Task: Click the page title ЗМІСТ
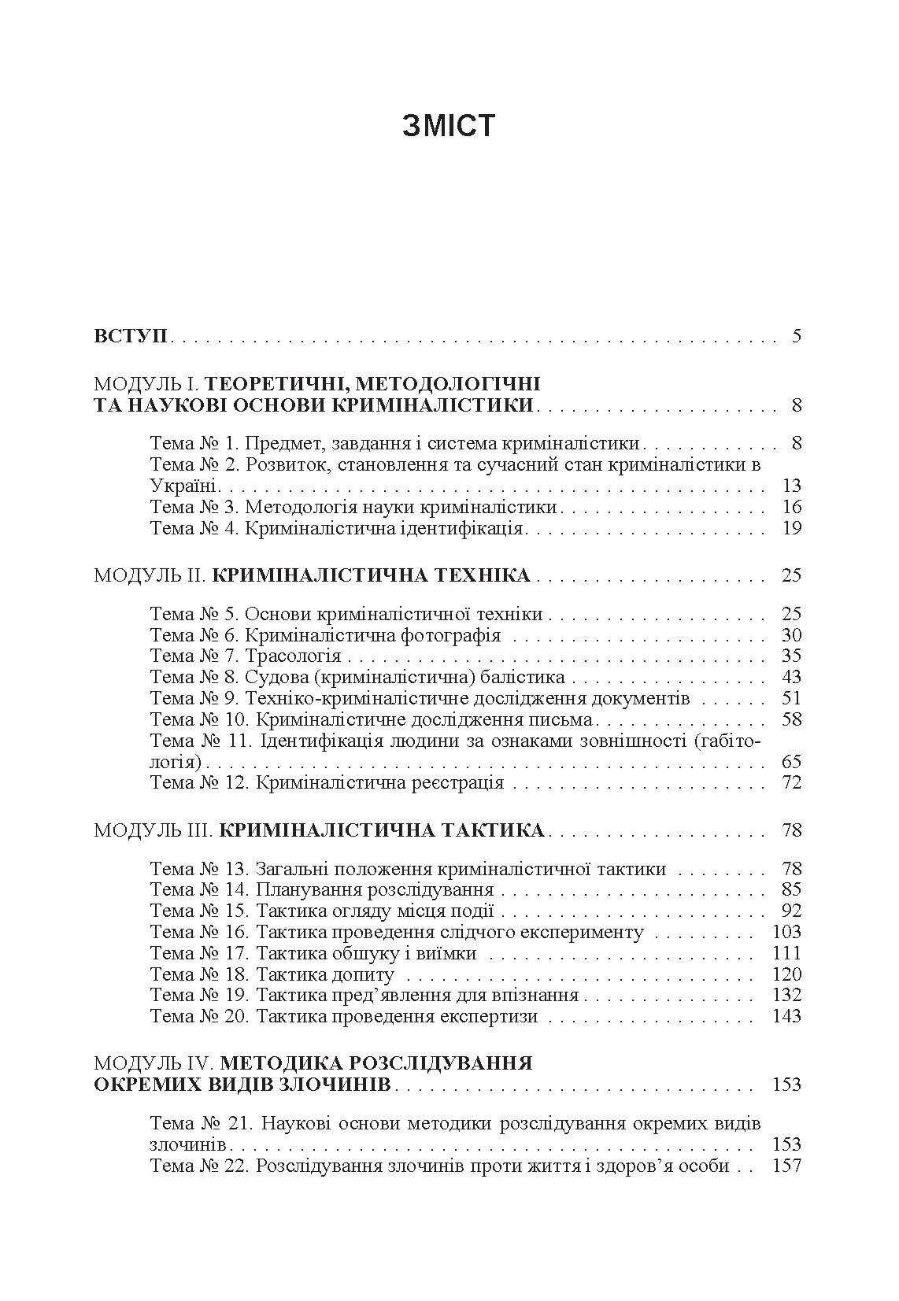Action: click(449, 126)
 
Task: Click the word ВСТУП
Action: click(130, 336)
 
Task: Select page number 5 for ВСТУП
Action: click(796, 336)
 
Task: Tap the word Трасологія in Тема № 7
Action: click(293, 656)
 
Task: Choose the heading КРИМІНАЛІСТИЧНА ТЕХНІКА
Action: click(372, 575)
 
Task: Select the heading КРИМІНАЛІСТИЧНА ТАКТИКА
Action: click(381, 830)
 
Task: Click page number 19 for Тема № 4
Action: click(791, 528)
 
